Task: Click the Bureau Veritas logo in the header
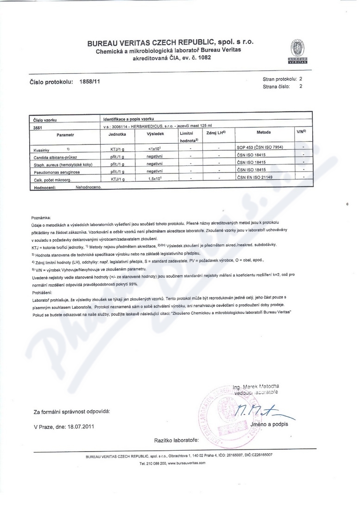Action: pos(297,51)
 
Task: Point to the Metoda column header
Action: pos(263,132)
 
